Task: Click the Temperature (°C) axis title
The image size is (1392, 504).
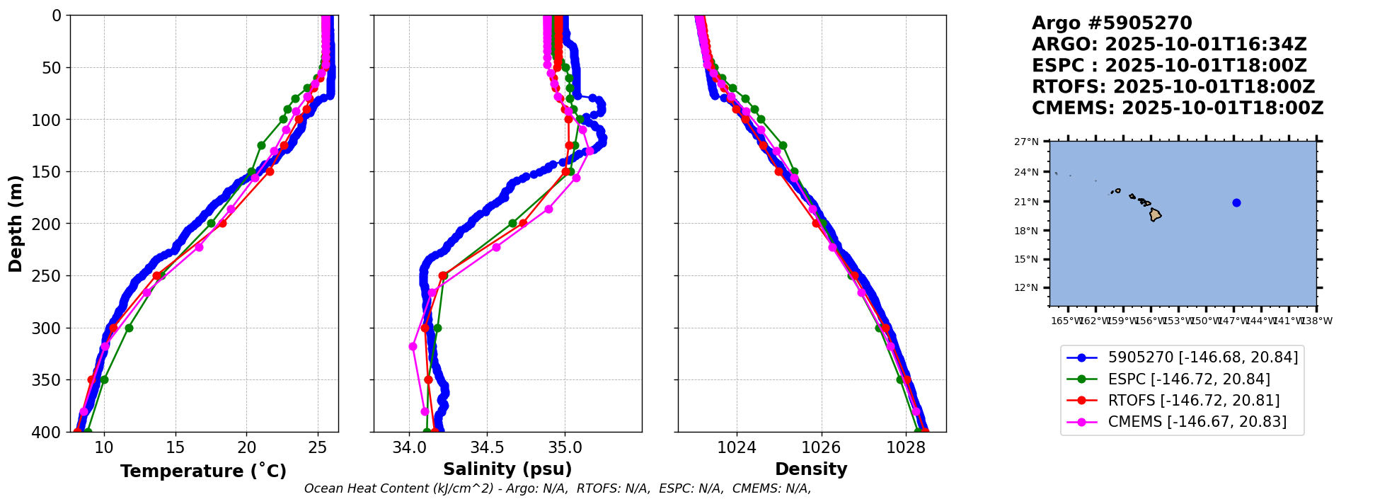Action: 203,471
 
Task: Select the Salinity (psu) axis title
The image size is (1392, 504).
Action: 507,469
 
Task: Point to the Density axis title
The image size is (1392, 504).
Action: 811,469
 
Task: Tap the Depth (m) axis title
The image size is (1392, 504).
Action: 16,224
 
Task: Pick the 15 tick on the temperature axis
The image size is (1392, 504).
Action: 176,447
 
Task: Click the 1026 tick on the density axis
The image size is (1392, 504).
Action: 821,447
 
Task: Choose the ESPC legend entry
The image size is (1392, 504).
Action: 1189,379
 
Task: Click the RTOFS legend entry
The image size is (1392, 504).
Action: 1193,401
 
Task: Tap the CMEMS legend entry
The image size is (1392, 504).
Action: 1197,422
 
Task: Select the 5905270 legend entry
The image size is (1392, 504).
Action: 1202,358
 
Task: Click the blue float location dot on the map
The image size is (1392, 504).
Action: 1236,202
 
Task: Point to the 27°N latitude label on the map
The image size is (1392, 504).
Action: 1026,142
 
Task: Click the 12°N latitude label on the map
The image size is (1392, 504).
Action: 1026,287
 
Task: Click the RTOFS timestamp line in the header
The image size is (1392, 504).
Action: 1173,87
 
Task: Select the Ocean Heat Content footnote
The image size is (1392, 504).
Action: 558,488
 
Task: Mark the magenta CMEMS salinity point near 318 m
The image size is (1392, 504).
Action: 413,346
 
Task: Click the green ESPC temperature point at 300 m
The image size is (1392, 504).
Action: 129,328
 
